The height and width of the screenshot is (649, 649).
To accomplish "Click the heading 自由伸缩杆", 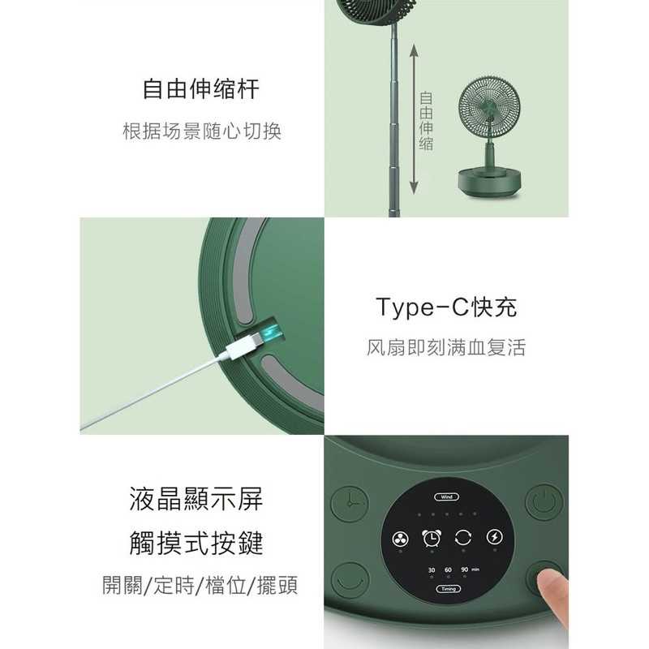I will (x=201, y=88).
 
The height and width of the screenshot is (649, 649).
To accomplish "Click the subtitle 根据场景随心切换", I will (x=201, y=131).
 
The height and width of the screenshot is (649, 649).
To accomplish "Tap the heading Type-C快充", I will (x=446, y=307).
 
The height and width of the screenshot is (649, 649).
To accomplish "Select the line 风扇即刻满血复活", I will (x=446, y=348).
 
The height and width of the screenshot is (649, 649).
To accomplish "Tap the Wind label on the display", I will (x=448, y=496).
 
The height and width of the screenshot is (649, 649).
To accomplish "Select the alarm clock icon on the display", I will (x=432, y=537).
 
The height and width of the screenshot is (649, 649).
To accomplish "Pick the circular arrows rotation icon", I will (x=463, y=537).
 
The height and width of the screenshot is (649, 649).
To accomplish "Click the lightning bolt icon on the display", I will (x=493, y=537).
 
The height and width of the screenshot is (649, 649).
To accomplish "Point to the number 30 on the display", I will (x=432, y=569).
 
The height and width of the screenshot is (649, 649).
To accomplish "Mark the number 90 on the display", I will (x=465, y=569).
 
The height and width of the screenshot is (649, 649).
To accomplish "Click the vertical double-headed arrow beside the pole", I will (x=414, y=120).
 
